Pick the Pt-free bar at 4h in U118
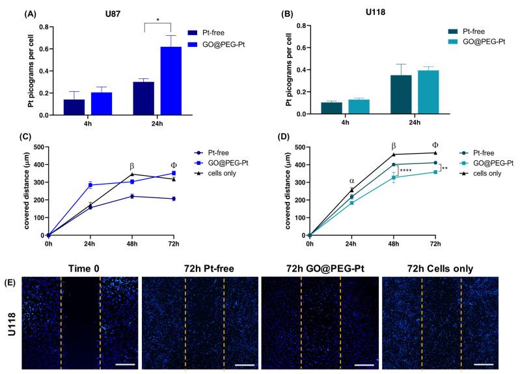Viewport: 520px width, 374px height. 331,108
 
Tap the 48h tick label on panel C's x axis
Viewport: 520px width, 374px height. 133,244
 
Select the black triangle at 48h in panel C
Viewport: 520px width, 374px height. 133,174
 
